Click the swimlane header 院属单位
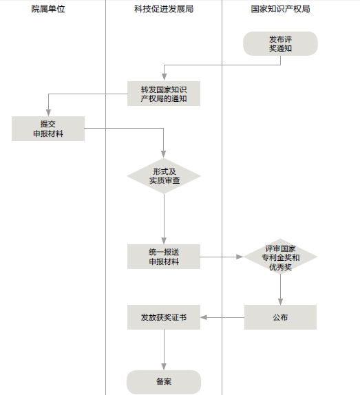pos(48,9)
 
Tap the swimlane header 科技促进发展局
pos(164,9)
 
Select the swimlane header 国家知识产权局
pos(280,9)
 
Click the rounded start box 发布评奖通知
pos(280,43)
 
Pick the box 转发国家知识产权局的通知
pos(164,94)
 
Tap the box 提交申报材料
pos(48,129)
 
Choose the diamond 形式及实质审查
pos(164,176)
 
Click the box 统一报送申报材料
pos(164,257)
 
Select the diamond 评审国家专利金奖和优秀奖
pos(280,257)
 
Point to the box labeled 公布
pos(280,317)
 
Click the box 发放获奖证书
pos(164,317)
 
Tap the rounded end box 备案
pos(164,382)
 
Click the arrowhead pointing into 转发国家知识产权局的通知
pos(164,77)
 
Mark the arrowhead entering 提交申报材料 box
pos(48,113)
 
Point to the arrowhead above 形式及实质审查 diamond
pos(164,154)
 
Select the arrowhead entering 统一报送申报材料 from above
pos(164,241)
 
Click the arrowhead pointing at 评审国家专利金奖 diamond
pos(240,257)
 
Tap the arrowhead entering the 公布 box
pos(280,301)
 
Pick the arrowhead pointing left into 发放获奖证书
pos(204,317)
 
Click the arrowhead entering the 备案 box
pos(164,367)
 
